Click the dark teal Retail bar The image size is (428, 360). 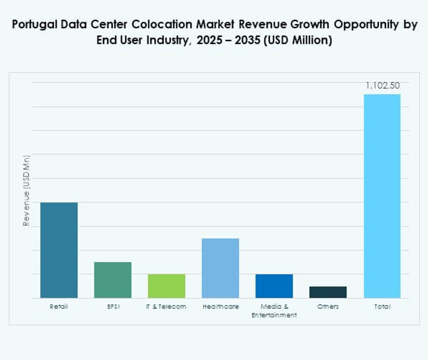(x=59, y=250)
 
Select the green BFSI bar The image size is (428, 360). (x=113, y=280)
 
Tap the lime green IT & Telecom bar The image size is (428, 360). (x=167, y=286)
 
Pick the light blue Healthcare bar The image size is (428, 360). (x=220, y=268)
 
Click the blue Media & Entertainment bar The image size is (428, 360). (x=274, y=286)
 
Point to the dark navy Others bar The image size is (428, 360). (x=328, y=292)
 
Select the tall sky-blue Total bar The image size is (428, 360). (x=382, y=196)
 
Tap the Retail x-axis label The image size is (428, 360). (x=59, y=307)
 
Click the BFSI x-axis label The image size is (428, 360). (x=113, y=307)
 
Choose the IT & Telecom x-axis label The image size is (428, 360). (x=167, y=307)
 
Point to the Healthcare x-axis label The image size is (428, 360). (x=220, y=307)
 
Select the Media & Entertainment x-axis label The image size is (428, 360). (x=274, y=311)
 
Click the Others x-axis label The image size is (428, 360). (x=328, y=307)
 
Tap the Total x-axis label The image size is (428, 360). (x=382, y=307)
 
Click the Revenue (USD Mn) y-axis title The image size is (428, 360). (x=26, y=190)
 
